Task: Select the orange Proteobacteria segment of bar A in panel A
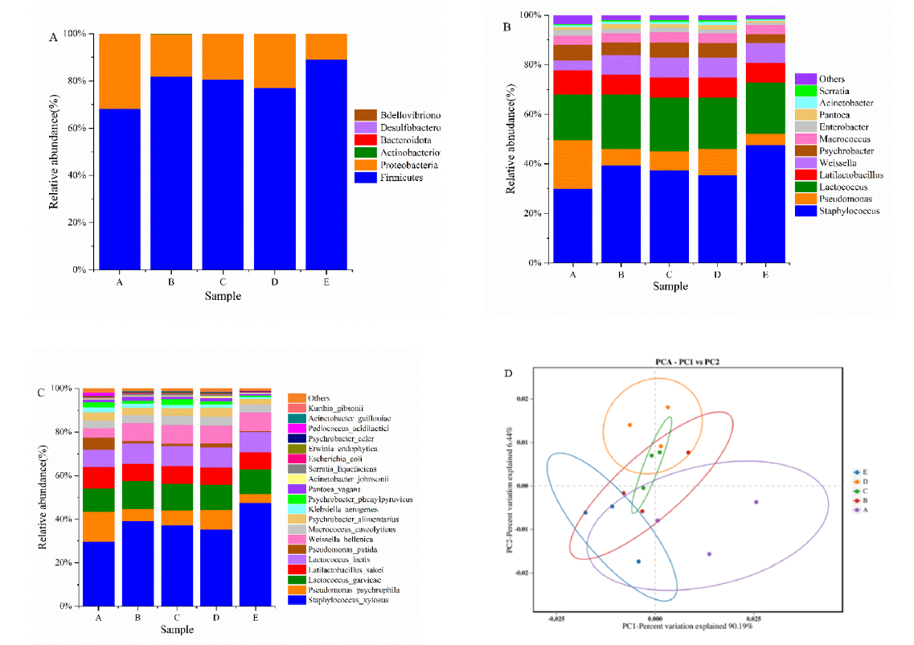click(x=120, y=71)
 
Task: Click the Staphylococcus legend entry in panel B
click(x=838, y=211)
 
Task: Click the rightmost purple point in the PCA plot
click(x=756, y=502)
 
